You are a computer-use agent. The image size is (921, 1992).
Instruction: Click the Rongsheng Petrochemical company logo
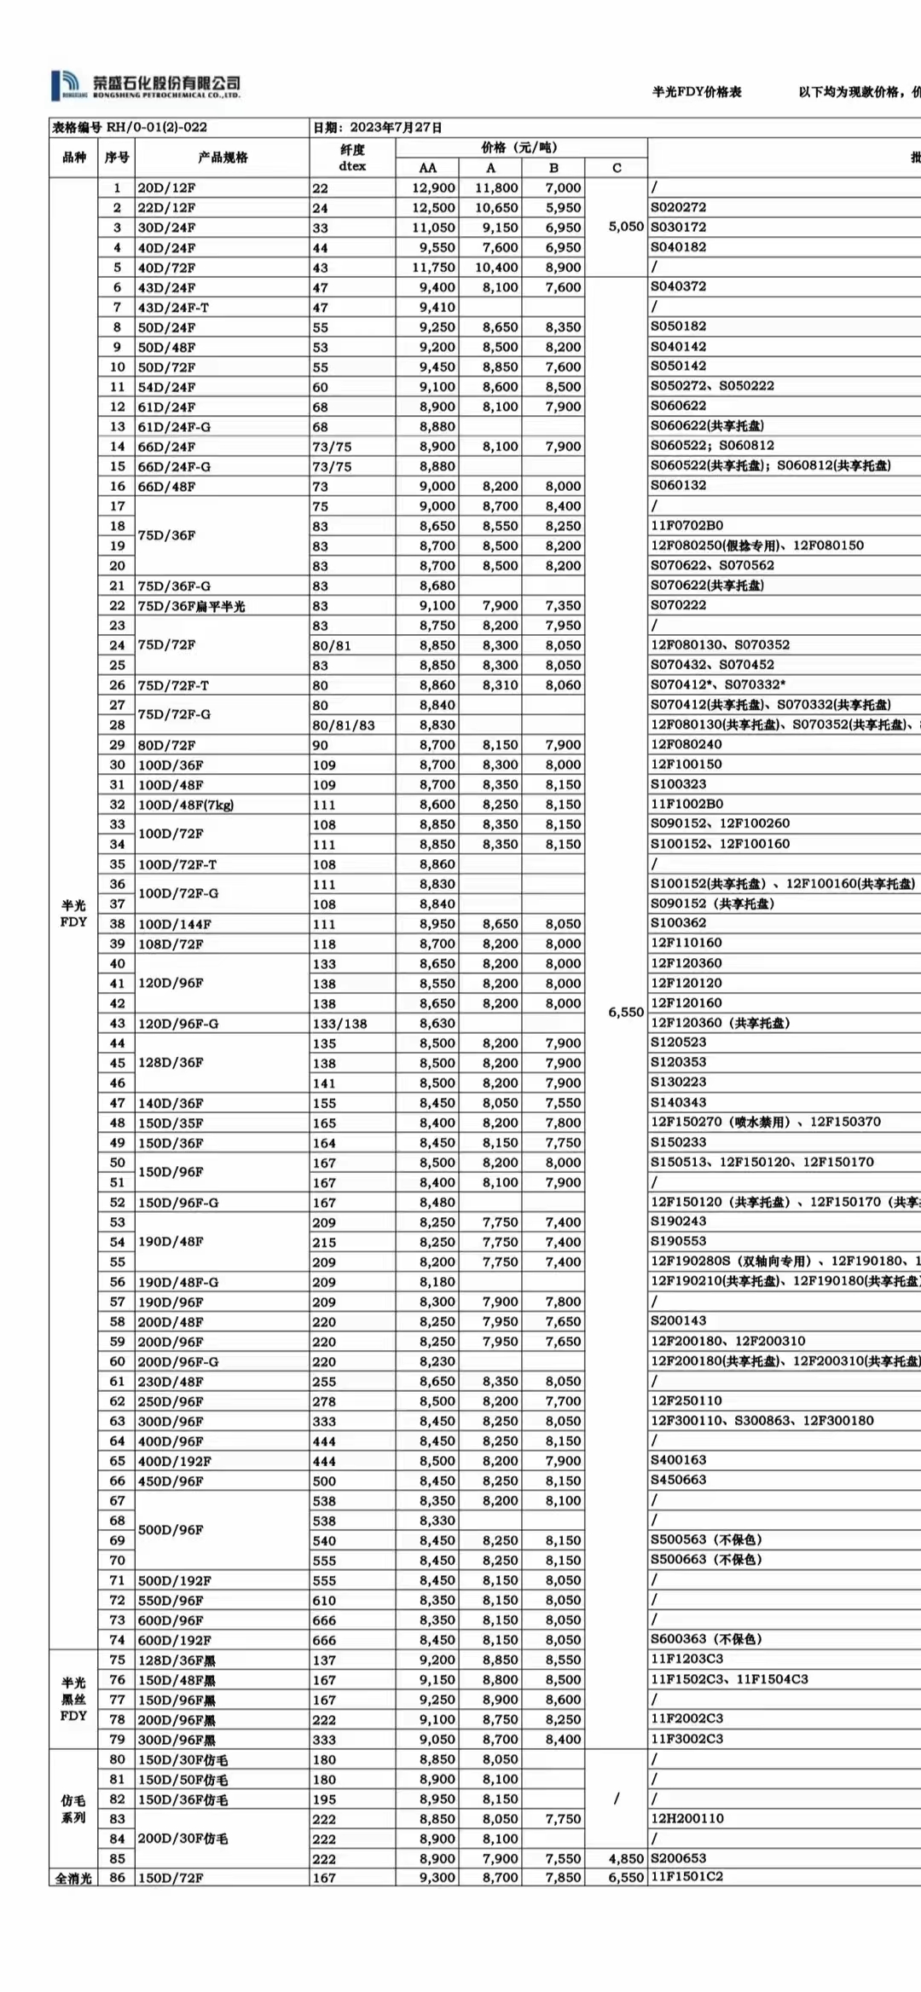pos(145,85)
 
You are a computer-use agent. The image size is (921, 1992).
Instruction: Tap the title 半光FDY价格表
pos(697,92)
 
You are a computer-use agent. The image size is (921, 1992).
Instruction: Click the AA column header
pos(427,168)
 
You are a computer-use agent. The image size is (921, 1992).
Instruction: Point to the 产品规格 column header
pos(223,158)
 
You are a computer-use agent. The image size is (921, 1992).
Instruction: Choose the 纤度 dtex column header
pos(352,158)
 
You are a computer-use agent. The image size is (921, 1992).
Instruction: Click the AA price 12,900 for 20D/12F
pos(433,188)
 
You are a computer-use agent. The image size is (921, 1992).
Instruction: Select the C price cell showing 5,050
pos(626,227)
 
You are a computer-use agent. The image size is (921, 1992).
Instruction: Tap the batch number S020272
pos(679,207)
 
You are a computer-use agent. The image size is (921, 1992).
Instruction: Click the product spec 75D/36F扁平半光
pos(192,606)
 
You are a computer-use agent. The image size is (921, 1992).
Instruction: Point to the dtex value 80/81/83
pos(344,725)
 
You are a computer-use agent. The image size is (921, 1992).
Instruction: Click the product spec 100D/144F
pos(175,924)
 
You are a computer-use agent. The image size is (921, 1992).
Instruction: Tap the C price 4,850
pos(626,1858)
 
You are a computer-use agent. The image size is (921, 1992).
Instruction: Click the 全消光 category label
pos(73,1878)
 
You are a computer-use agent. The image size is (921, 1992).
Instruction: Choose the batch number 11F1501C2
pos(687,1877)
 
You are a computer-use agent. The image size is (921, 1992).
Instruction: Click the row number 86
pos(117,1878)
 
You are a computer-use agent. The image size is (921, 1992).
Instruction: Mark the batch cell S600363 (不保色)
pos(707,1638)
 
